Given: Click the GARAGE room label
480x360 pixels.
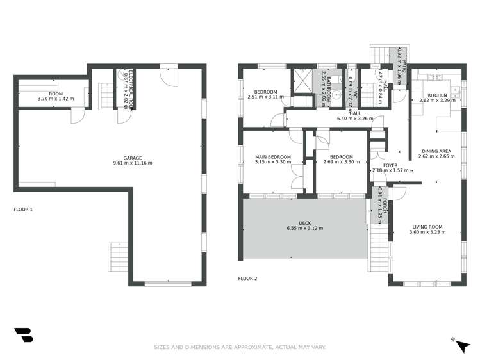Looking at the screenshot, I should tap(132, 158).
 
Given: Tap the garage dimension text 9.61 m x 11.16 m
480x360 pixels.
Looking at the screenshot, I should tap(132, 163).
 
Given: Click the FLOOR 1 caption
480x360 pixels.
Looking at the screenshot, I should tap(23, 209).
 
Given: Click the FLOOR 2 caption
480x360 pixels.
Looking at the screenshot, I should tap(247, 279).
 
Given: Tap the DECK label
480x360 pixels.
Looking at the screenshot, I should tap(304, 223).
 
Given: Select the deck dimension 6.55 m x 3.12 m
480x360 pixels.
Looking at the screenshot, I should tap(304, 229).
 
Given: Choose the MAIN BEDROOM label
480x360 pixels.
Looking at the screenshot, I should tap(273, 157).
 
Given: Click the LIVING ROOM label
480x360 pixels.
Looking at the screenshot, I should tap(427, 226).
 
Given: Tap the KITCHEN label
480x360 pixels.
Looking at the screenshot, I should tap(438, 95).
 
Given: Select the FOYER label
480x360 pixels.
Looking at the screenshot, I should tap(391, 165).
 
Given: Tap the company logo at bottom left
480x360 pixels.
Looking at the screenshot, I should tap(23, 335).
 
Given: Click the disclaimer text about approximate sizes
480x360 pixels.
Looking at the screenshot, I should tap(240, 347).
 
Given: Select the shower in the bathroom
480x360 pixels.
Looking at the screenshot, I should tap(301, 81).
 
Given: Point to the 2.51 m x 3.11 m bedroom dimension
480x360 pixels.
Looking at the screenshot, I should tap(265, 97).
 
